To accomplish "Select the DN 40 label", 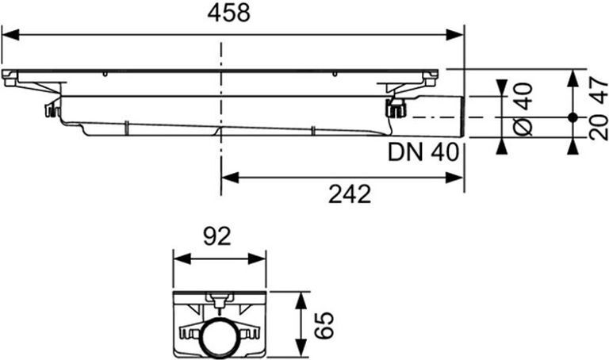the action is point(423,151).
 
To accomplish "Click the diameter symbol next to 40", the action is point(523,125).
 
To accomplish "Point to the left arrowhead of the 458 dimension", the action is point(10,34).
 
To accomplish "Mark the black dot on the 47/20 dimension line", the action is point(573,117).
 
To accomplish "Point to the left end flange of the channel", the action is point(10,79).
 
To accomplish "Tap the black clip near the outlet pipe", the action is point(393,108).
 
